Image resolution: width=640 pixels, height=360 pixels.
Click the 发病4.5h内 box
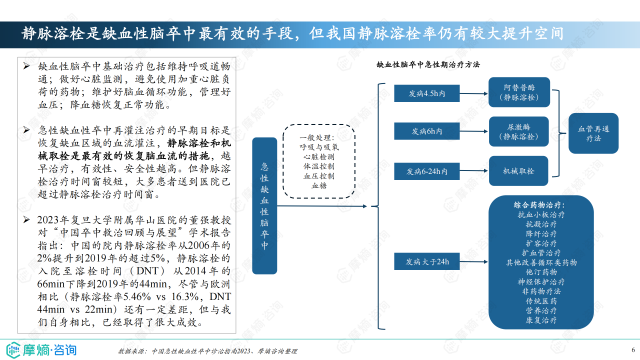[x=426, y=93]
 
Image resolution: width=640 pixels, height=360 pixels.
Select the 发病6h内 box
[x=426, y=131]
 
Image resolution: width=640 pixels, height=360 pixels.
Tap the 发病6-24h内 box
[x=426, y=171]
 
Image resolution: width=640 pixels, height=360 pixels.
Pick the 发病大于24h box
[x=426, y=261]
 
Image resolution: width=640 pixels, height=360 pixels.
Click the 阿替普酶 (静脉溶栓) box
[x=519, y=92]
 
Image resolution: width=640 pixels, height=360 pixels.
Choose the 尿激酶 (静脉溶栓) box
[x=519, y=131]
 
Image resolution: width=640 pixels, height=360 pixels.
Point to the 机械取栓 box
[x=519, y=171]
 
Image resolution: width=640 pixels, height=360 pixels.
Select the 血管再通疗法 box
[x=593, y=133]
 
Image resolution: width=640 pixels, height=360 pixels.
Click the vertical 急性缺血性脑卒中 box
[x=264, y=205]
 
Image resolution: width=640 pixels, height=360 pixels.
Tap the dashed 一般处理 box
[x=318, y=161]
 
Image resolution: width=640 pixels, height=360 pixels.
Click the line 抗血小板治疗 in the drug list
[x=541, y=215]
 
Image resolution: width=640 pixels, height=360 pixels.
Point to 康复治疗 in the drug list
[x=541, y=320]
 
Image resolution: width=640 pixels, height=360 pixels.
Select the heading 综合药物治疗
[x=542, y=205]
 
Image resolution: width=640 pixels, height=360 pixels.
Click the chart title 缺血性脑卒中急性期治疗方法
[x=428, y=64]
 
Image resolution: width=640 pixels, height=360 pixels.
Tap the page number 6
[x=632, y=349]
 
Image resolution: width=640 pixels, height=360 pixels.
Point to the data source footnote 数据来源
[x=207, y=351]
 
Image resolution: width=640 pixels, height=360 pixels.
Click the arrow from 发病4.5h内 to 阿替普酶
[x=473, y=93]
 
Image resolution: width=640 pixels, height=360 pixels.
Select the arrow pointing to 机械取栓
[x=473, y=171]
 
